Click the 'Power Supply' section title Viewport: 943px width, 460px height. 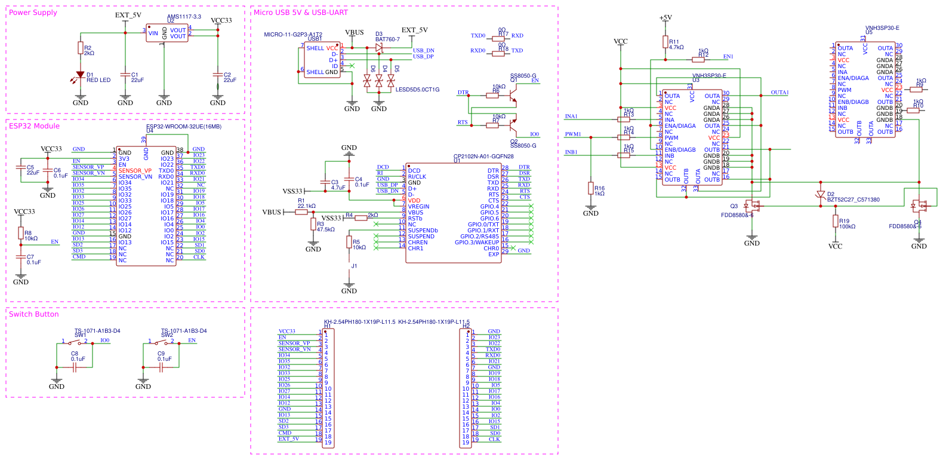tap(33, 13)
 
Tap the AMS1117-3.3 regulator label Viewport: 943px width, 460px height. tap(184, 17)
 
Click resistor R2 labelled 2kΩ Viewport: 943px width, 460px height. tap(81, 48)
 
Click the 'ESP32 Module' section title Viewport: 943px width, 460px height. tap(34, 126)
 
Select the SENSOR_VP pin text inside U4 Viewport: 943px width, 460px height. tap(135, 171)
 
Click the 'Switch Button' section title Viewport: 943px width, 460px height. tap(34, 314)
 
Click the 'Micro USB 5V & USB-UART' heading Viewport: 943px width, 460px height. tap(300, 13)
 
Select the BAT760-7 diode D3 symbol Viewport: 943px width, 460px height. tap(378, 47)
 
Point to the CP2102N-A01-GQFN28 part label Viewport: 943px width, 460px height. tap(483, 157)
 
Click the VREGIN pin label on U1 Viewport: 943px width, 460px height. tap(418, 207)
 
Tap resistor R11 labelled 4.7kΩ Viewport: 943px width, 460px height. tap(665, 42)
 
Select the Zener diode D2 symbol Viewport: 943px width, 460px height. tap(821, 195)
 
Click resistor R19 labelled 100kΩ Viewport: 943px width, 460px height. tap(836, 222)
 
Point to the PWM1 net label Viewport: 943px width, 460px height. tap(573, 134)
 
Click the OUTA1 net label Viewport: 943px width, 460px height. tap(779, 93)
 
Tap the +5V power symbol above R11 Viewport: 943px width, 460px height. tap(665, 18)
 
